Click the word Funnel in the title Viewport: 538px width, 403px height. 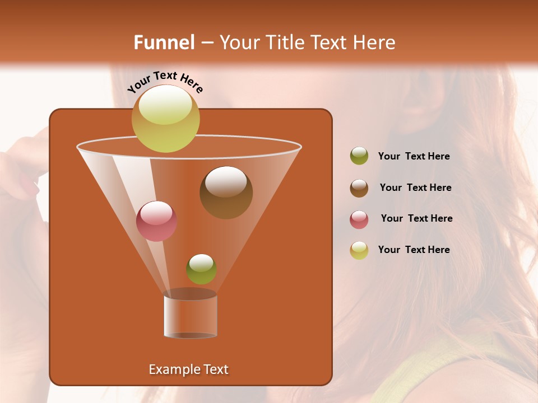pyautogui.click(x=164, y=42)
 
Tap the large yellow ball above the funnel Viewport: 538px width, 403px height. pyautogui.click(x=166, y=119)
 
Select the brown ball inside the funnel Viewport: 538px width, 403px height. pyautogui.click(x=226, y=193)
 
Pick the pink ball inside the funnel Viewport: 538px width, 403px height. pyautogui.click(x=157, y=221)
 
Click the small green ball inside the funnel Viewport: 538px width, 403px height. pyautogui.click(x=201, y=269)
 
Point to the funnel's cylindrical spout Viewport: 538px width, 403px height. pyautogui.click(x=191, y=316)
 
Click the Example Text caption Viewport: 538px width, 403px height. pyautogui.click(x=188, y=369)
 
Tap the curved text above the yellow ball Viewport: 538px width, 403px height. pyautogui.click(x=165, y=82)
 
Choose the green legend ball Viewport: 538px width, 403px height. pyautogui.click(x=359, y=156)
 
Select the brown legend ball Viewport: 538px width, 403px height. pyautogui.click(x=359, y=188)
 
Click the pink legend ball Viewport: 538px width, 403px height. pyautogui.click(x=359, y=219)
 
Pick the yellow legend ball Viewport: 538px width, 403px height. pyautogui.click(x=359, y=250)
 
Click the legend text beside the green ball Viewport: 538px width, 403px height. pyautogui.click(x=414, y=157)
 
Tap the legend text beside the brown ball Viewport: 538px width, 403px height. pyautogui.click(x=415, y=188)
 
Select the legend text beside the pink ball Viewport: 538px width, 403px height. pyautogui.click(x=416, y=219)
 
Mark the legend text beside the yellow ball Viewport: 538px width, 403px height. pyautogui.click(x=414, y=250)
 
